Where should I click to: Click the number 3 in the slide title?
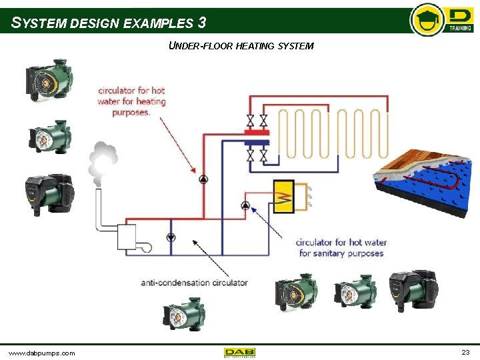click(x=201, y=23)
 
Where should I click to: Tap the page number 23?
click(x=465, y=351)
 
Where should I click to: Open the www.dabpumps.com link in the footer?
click(x=41, y=352)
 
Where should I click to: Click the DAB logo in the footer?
click(x=240, y=352)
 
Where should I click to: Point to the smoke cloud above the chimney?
click(x=103, y=160)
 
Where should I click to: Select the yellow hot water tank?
click(x=284, y=196)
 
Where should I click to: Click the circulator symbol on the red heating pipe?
click(x=203, y=179)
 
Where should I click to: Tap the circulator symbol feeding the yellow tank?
click(x=245, y=205)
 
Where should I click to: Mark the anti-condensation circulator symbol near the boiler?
click(x=171, y=237)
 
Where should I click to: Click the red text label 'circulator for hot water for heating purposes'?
click(x=131, y=101)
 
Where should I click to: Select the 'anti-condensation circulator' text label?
click(x=194, y=283)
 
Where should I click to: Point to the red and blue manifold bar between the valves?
click(x=257, y=137)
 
